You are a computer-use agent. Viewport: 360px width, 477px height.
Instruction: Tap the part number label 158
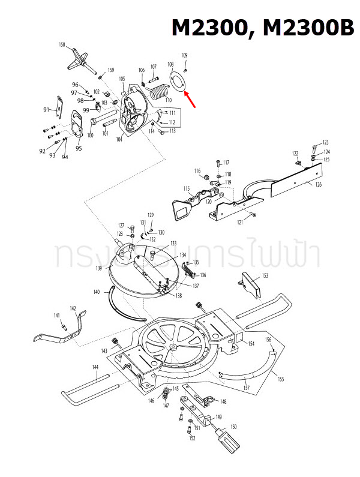pyautogui.click(x=62, y=45)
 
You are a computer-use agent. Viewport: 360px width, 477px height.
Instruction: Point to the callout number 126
pyautogui.click(x=318, y=184)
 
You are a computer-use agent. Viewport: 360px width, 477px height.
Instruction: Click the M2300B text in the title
pyautogui.click(x=301, y=28)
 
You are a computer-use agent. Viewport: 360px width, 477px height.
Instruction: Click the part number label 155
pyautogui.click(x=280, y=380)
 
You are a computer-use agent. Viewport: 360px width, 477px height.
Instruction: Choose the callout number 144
pyautogui.click(x=95, y=367)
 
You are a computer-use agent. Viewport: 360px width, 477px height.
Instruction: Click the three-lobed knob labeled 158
pyautogui.click(x=79, y=60)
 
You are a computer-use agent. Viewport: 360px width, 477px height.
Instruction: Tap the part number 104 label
pyautogui.click(x=119, y=139)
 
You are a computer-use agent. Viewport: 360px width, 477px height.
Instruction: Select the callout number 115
pyautogui.click(x=187, y=189)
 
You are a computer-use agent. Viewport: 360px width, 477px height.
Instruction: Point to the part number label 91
pyautogui.click(x=46, y=109)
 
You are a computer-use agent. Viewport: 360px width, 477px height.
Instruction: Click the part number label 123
pyautogui.click(x=325, y=142)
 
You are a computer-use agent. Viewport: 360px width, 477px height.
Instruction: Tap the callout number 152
pyautogui.click(x=192, y=439)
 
